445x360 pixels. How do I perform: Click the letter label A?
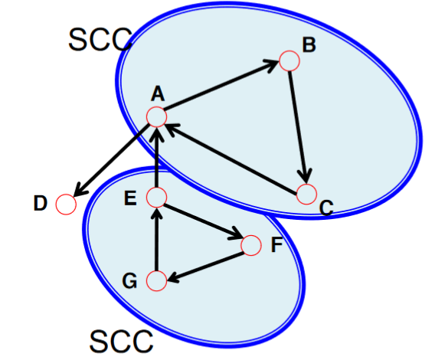[158, 94]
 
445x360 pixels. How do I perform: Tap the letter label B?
[309, 45]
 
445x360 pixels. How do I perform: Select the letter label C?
[326, 208]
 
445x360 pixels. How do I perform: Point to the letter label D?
[41, 203]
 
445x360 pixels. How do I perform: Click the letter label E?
[130, 198]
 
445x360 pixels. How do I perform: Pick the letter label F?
[276, 245]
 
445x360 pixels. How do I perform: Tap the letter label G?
[129, 281]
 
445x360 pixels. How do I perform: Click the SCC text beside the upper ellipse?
[100, 40]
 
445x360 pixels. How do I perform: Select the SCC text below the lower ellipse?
[122, 341]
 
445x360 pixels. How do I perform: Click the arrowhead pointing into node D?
[80, 190]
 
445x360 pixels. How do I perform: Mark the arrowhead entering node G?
[173, 277]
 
